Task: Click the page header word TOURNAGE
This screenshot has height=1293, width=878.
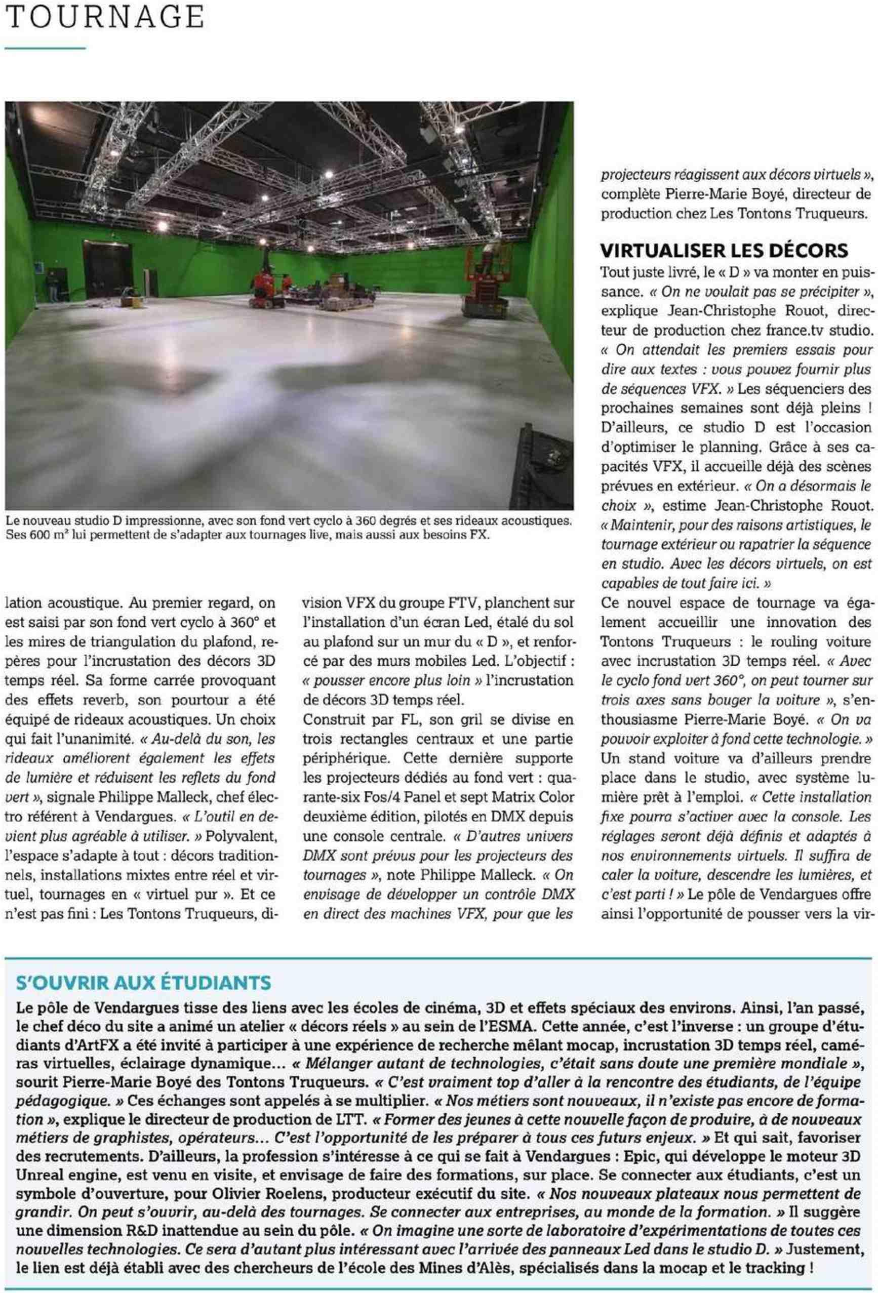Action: (105, 18)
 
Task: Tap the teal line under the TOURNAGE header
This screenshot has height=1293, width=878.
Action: (45, 49)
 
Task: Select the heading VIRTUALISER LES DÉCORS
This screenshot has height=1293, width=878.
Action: (724, 251)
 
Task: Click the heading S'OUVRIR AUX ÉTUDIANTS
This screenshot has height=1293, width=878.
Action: (144, 983)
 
